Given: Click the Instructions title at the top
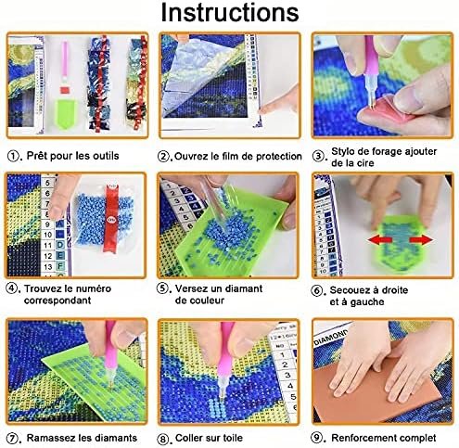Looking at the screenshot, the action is [230, 13].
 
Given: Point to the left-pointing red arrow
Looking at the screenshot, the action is [380, 239].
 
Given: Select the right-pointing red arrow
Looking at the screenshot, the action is [421, 239].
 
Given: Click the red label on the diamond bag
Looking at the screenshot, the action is [110, 218].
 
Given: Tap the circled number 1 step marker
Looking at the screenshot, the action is [13, 156].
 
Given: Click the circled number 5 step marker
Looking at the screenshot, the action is [162, 288].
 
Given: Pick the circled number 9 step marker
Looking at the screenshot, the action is [316, 438].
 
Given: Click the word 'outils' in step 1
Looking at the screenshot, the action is [104, 156].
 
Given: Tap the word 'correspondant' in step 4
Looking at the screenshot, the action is [57, 301].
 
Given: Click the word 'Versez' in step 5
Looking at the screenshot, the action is [189, 288].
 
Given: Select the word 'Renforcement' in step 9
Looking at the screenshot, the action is [360, 438].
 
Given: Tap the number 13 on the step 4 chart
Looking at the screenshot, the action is [48, 266].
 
